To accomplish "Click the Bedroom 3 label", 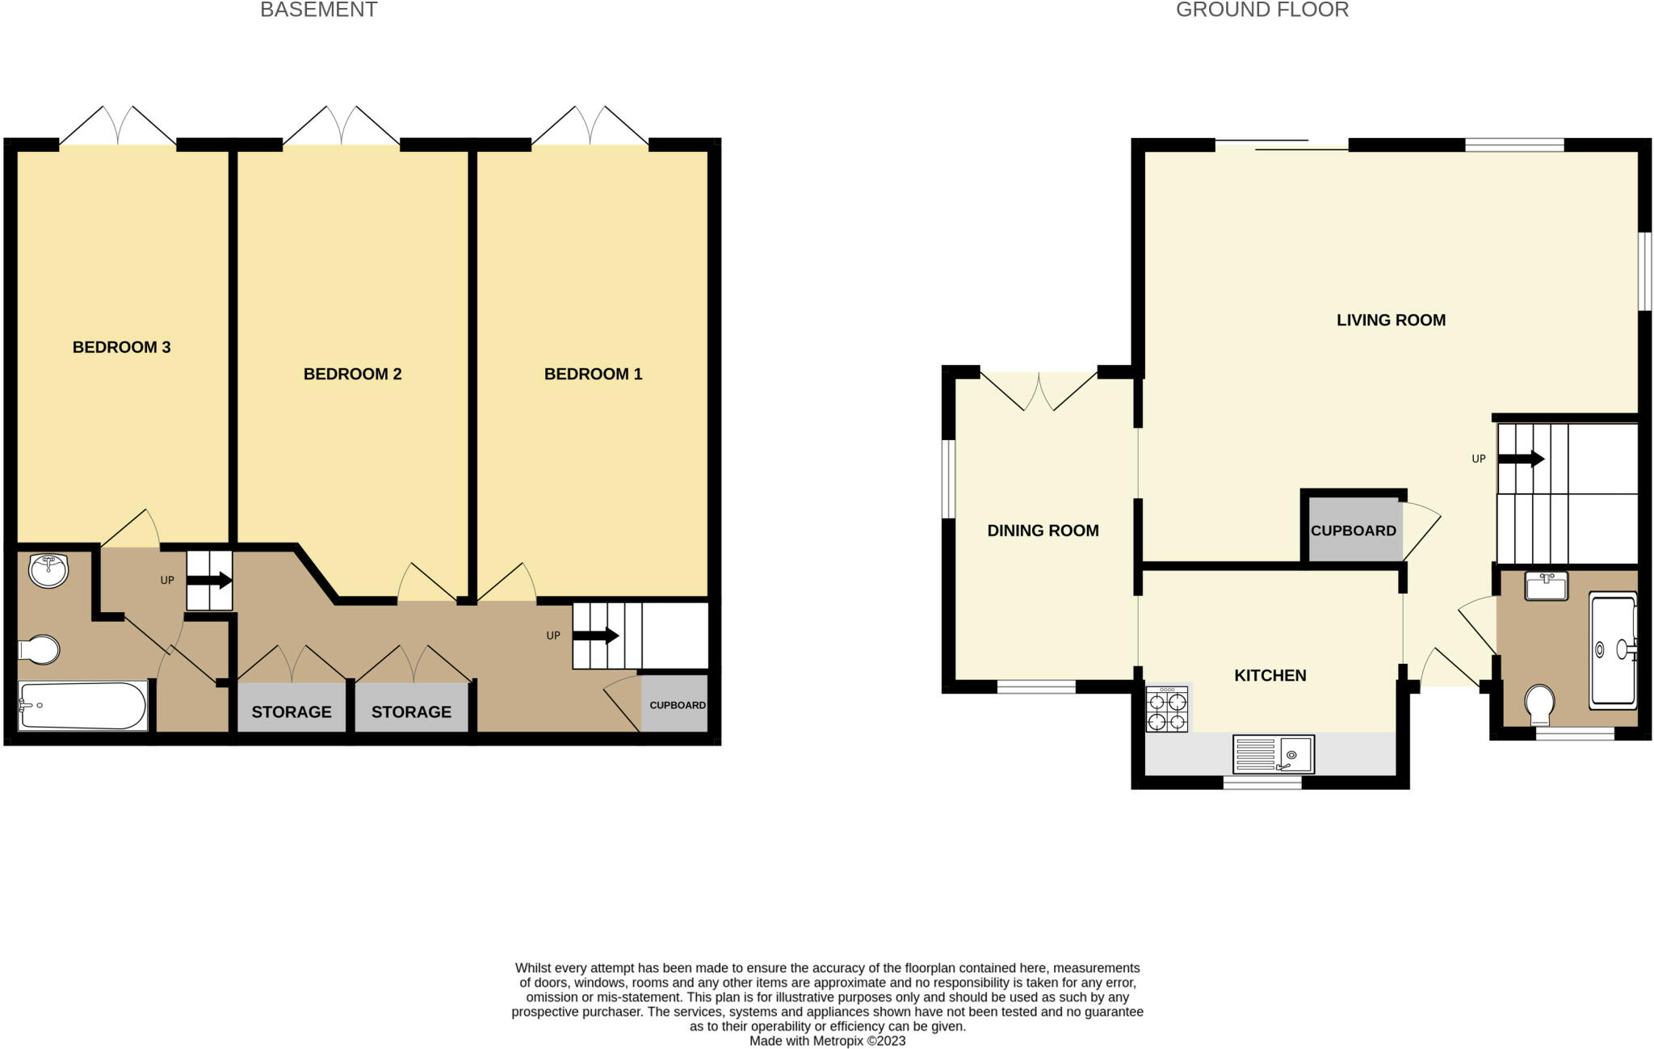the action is point(121,347).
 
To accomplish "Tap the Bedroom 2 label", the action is point(352,374).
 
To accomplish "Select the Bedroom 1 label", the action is point(593,374).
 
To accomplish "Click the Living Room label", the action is point(1391,320).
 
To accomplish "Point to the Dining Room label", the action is point(1043,531).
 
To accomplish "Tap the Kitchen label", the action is point(1270,675).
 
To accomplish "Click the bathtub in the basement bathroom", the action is point(83,706).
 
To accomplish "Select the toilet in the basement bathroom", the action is point(39,649).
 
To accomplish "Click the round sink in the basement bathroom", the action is point(48,571).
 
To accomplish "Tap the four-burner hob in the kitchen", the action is point(1167,709).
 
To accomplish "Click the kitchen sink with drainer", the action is point(1273,754).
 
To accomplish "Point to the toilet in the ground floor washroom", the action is point(1541,705).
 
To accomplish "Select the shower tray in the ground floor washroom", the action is point(1613,651).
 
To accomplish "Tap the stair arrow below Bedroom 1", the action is point(596,636).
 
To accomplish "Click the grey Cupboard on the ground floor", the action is point(1354,531).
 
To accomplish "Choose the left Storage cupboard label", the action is point(292,711).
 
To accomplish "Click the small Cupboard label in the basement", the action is point(678,705).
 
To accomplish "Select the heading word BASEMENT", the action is point(318,10).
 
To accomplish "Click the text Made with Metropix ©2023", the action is point(827,1041).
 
